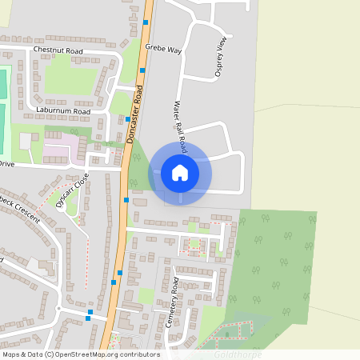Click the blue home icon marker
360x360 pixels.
pyautogui.click(x=180, y=172)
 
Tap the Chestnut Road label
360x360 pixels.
pyautogui.click(x=58, y=50)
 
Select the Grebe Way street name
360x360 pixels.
pyautogui.click(x=163, y=49)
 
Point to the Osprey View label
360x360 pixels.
pyautogui.click(x=222, y=57)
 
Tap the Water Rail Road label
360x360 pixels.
pyautogui.click(x=180, y=126)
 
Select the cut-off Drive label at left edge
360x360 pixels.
pyautogui.click(x=7, y=163)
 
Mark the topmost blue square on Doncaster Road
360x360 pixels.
pyautogui.click(x=146, y=22)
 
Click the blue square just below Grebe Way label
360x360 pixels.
pyautogui.click(x=142, y=70)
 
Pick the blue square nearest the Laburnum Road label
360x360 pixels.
pyautogui.click(x=128, y=118)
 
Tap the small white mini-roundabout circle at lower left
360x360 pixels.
pyautogui.click(x=59, y=307)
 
